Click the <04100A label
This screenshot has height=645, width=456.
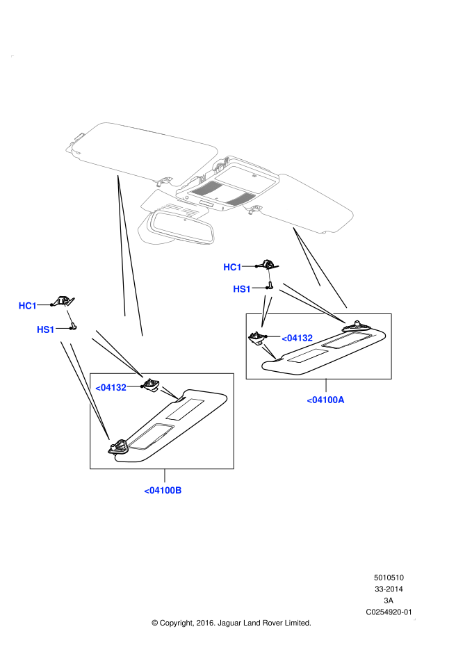pos(325,400)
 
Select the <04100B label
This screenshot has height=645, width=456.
pos(163,491)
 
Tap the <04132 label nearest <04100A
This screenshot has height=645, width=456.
pos(297,338)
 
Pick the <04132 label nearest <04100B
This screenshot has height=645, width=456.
pos(111,388)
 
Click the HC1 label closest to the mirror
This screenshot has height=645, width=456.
pos(232,268)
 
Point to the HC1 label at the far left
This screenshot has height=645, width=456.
pos(28,306)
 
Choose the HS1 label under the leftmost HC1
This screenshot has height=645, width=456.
pos(46,329)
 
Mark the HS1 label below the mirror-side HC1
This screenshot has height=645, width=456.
pos(242,289)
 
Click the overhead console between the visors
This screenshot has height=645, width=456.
pos(229,184)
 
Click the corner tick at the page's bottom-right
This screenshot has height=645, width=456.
pos(414,619)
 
